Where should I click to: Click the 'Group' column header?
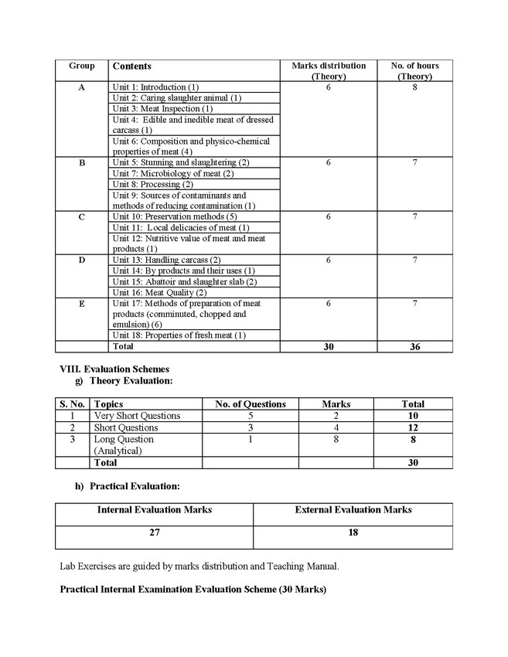[81, 66]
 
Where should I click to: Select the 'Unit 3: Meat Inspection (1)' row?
[158, 109]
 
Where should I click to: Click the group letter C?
[82, 217]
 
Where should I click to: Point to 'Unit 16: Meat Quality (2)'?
[159, 293]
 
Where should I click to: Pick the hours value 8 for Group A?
[415, 88]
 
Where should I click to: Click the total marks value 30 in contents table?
[329, 348]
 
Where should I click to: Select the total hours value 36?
[415, 348]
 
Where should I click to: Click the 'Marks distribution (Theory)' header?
[329, 71]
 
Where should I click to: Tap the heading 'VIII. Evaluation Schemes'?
[114, 369]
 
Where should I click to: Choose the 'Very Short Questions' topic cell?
[137, 416]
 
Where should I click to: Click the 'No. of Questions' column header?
[251, 404]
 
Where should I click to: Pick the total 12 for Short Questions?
[413, 427]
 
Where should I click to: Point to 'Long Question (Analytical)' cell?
[124, 444]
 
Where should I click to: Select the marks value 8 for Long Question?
[336, 439]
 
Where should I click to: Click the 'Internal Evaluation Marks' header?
[155, 510]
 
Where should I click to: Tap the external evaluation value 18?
[353, 533]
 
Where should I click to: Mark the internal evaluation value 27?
[155, 533]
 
